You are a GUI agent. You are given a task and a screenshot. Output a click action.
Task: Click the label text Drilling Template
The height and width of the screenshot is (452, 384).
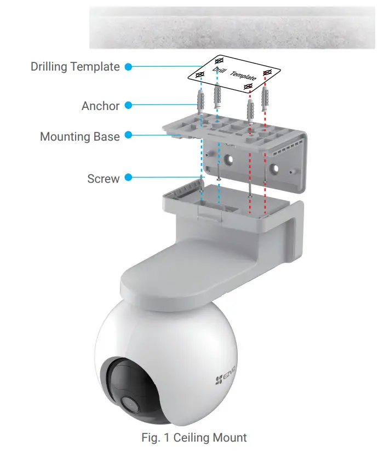click(75, 67)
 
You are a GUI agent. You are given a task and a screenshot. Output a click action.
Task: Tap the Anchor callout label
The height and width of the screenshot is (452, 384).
click(100, 106)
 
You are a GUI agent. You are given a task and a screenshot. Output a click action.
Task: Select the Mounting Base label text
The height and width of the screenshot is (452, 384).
click(79, 136)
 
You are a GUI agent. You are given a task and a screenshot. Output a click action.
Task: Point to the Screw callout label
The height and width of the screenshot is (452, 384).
click(103, 178)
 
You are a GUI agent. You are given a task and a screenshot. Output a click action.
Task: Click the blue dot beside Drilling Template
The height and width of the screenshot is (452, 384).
click(128, 67)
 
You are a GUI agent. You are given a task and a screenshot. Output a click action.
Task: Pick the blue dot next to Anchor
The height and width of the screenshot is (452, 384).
click(128, 106)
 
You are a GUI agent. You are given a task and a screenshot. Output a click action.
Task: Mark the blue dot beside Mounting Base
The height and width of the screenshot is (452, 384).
click(129, 134)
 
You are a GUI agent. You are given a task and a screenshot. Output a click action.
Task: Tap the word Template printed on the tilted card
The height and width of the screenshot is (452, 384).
click(243, 76)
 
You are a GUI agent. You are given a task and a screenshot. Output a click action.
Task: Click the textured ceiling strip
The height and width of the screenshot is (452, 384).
click(232, 27)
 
